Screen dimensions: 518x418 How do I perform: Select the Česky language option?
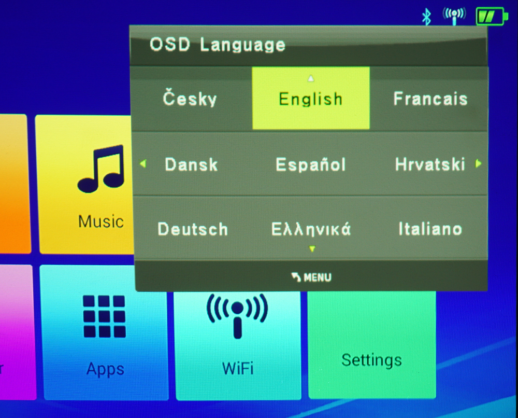pos(190,98)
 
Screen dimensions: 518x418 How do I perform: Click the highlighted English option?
pos(310,99)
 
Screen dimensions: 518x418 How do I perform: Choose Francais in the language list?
pos(430,99)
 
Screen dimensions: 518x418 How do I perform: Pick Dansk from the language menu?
pos(191,164)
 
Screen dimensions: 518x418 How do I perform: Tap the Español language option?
pos(310,164)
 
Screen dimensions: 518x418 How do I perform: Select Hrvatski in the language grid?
pos(430,164)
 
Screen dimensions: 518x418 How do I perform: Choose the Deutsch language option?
pos(193,229)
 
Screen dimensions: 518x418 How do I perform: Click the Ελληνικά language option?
pos(311,229)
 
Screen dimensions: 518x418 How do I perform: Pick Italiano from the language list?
pos(430,229)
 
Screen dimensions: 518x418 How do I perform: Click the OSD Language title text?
pos(218,45)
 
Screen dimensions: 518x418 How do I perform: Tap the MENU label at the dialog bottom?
pos(317,277)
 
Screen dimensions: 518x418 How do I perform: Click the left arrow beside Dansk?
pos(143,164)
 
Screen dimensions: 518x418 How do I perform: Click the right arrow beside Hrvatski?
pos(478,163)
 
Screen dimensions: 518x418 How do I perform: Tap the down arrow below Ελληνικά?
pos(312,249)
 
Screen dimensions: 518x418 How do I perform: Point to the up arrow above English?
pos(310,78)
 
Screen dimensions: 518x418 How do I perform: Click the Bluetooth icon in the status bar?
pos(426,17)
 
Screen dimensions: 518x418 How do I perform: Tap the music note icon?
pos(102,169)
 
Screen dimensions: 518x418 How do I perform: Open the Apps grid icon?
pos(105,316)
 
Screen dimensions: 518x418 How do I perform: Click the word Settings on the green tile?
pos(371,360)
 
